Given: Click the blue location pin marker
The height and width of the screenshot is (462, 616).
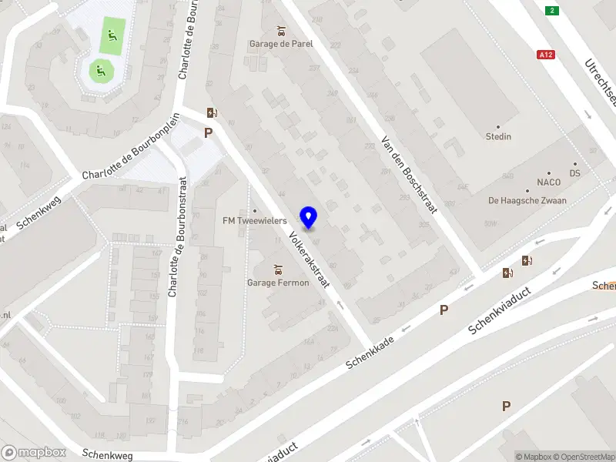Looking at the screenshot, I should (x=309, y=217).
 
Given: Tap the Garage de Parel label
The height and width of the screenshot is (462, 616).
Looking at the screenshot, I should (x=281, y=44).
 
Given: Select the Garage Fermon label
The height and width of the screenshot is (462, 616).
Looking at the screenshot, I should (x=278, y=283).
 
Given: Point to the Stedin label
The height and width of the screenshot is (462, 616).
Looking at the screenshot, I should (x=498, y=136).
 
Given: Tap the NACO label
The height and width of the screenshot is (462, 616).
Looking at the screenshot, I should (x=549, y=182).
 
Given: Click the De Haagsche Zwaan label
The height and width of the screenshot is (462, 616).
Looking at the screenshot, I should (x=527, y=200).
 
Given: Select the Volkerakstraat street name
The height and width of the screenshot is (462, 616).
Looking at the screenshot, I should (x=310, y=259).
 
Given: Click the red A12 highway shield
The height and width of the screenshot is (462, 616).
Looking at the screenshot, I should (x=546, y=55).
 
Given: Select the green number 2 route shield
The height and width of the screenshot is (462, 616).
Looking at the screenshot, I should (x=551, y=10).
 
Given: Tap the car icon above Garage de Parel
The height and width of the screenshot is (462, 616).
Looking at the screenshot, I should (x=283, y=32).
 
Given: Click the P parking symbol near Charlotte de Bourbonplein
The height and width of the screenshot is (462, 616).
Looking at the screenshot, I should (x=208, y=132).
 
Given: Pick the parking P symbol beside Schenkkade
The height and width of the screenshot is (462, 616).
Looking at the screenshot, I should (x=444, y=310).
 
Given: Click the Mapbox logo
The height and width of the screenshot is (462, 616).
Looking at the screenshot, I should (x=34, y=453).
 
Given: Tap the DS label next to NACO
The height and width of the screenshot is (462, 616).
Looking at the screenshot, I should (x=575, y=173).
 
